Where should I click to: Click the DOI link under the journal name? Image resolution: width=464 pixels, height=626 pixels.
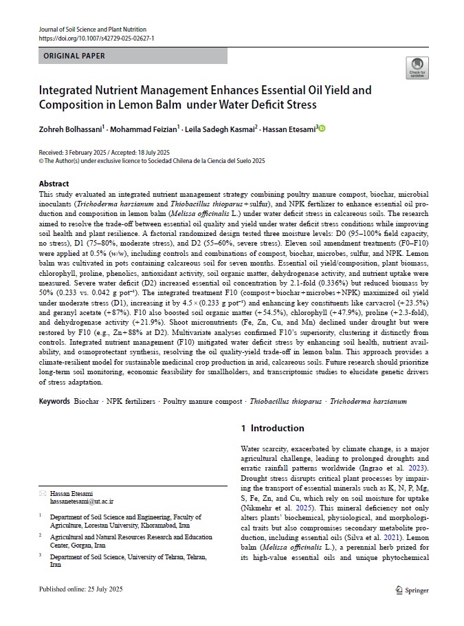tap(96, 39)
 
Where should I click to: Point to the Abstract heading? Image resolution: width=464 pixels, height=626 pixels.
tap(54, 184)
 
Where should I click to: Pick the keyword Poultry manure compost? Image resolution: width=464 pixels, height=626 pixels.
tap(203, 401)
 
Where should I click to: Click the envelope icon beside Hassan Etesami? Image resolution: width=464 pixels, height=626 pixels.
tap(43, 494)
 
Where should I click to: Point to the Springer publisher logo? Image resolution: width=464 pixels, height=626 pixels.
tap(412, 590)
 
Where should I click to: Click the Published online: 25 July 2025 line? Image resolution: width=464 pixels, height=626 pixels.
tap(86, 590)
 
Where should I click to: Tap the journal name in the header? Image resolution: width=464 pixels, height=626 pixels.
tap(92, 30)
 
